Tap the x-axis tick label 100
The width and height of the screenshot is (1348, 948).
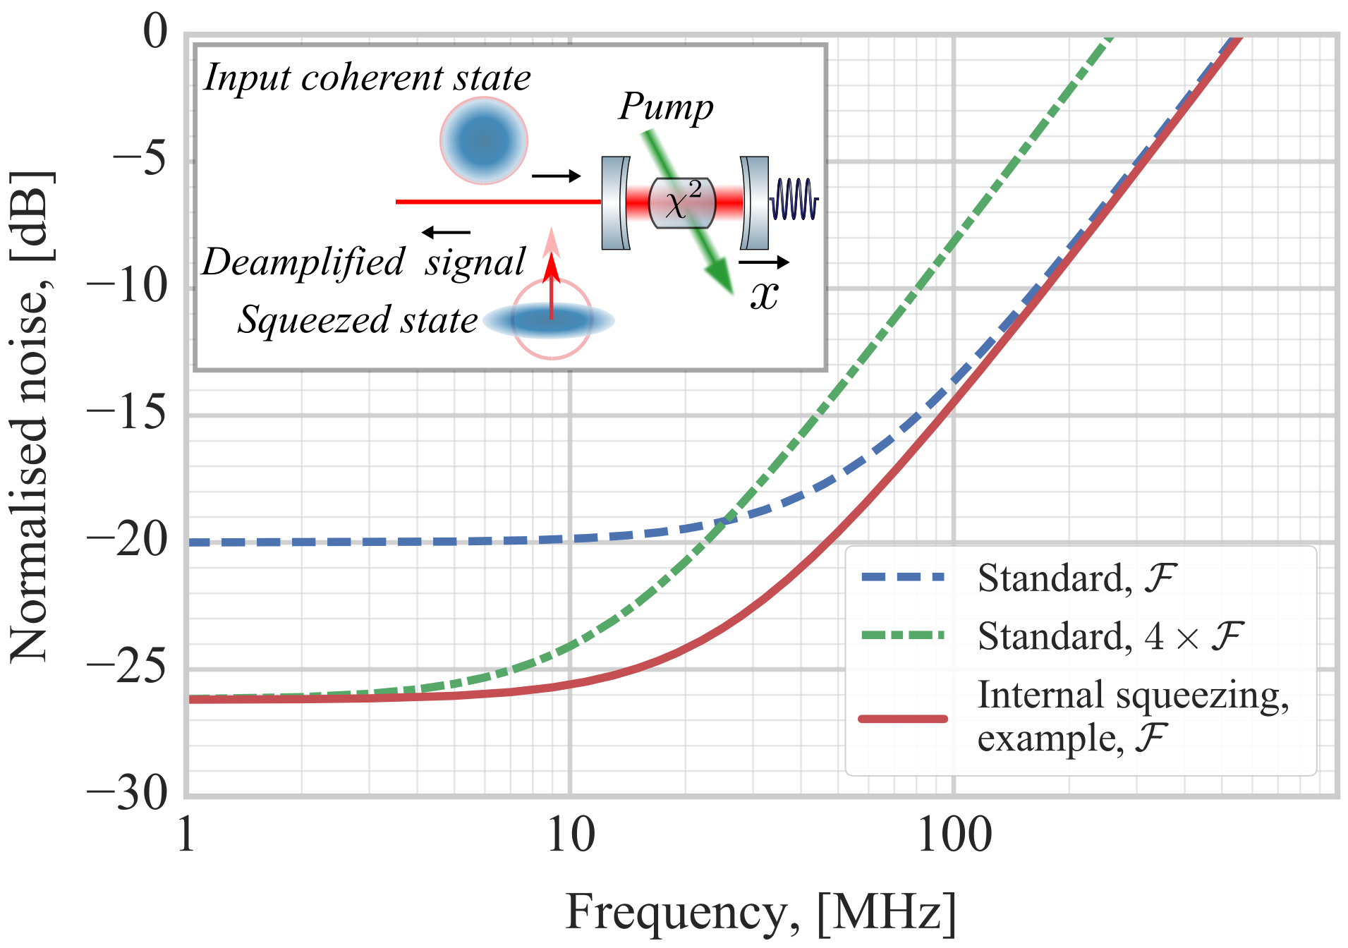(954, 836)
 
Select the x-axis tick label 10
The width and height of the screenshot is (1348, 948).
(571, 836)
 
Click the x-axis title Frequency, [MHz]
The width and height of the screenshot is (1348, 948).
(760, 913)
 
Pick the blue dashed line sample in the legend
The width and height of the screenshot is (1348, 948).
(902, 577)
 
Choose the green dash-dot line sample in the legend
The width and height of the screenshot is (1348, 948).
(902, 635)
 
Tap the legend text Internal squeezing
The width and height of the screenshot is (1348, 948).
(1133, 695)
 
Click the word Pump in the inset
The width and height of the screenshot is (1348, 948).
(666, 107)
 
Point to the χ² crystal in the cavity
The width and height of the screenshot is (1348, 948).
(682, 203)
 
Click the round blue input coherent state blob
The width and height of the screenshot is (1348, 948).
(484, 141)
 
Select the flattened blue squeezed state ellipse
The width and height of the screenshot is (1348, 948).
(549, 320)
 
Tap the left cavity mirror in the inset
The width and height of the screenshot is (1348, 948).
(615, 203)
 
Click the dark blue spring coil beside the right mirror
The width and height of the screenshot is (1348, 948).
(794, 200)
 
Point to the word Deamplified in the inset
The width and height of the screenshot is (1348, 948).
(303, 262)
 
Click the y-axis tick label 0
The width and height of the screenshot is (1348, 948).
(155, 32)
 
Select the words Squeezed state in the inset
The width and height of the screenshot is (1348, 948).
(358, 320)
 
